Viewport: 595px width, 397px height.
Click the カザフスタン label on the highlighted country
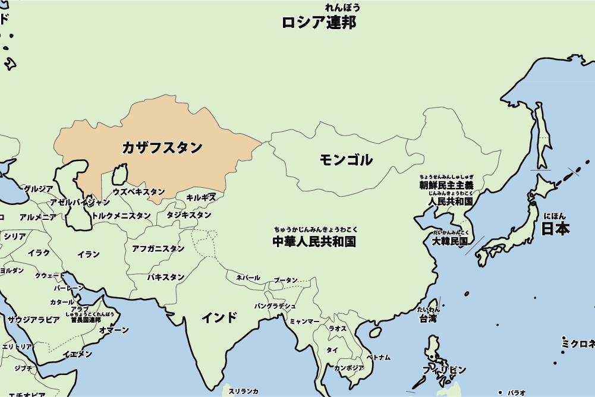point(162,147)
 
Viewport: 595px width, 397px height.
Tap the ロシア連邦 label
point(319,23)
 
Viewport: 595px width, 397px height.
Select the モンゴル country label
point(345,159)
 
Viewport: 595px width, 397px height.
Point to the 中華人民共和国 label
point(314,241)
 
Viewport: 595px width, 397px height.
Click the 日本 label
point(555,229)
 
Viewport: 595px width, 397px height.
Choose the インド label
point(219,317)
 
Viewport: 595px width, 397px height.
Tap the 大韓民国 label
point(450,241)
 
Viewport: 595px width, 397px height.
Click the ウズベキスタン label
point(138,192)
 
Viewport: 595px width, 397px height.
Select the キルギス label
point(201,197)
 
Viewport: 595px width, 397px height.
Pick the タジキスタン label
point(188,215)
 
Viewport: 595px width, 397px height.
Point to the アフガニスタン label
point(158,248)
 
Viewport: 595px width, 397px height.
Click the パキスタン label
point(166,277)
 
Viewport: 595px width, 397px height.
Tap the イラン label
point(89,254)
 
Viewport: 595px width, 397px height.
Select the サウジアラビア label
point(33,320)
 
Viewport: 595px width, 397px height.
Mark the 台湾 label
point(428,319)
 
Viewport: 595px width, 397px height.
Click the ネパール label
point(248,278)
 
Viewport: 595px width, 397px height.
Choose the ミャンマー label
point(304,322)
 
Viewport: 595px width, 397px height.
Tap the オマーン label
point(114,330)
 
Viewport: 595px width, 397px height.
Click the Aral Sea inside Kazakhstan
point(119,175)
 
